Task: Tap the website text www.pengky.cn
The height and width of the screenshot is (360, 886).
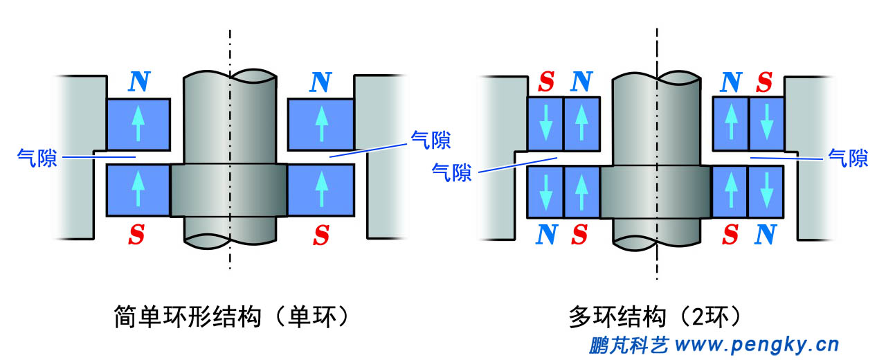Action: coord(757,343)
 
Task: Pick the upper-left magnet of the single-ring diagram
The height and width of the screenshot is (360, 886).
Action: coord(138,125)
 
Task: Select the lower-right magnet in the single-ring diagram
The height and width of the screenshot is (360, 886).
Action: coord(320,190)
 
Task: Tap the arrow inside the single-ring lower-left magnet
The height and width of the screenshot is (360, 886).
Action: coord(138,190)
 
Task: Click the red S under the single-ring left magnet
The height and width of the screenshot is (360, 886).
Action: coord(137,235)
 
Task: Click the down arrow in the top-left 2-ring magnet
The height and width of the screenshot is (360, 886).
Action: coord(546,124)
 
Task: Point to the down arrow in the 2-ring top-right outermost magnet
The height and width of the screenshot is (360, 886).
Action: coord(766,124)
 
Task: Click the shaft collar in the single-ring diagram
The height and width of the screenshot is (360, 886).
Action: coord(228,190)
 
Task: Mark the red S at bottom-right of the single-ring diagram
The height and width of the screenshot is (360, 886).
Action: coord(320,235)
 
